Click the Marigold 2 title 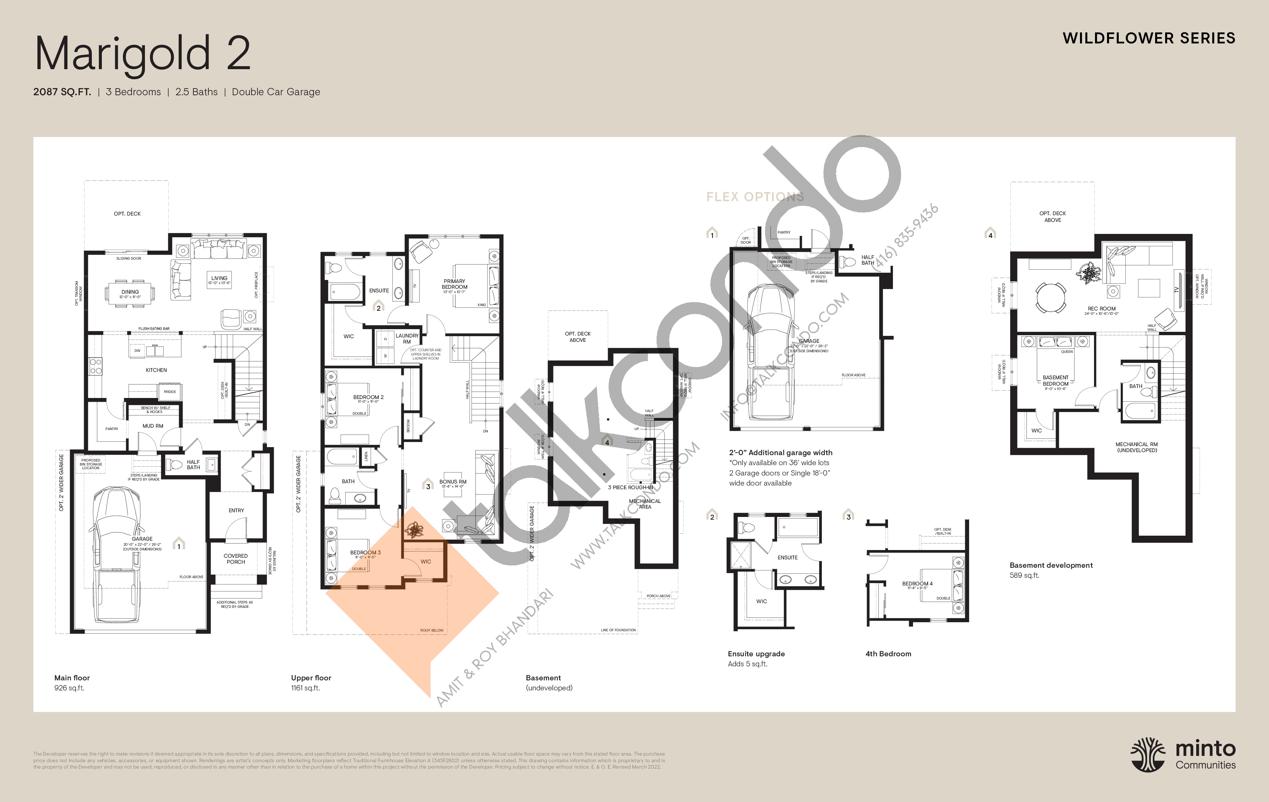[142, 54]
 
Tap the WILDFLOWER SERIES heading [1148, 38]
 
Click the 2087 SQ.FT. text [62, 92]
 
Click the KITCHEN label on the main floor [156, 370]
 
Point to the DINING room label [130, 292]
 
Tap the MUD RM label [153, 426]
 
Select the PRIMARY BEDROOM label [454, 284]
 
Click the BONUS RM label [453, 482]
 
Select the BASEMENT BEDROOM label [1056, 381]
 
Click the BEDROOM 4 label [917, 584]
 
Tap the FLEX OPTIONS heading [755, 197]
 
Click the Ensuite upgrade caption [756, 654]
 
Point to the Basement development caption [1051, 565]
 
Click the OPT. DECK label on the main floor [127, 214]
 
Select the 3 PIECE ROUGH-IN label [630, 488]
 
